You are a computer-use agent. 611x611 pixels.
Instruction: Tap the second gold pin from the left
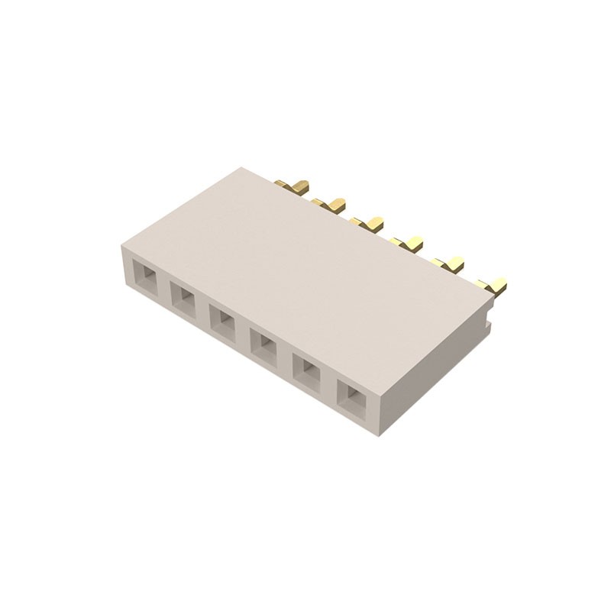[x=330, y=204]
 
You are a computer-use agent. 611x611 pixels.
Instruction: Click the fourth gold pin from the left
[x=408, y=244]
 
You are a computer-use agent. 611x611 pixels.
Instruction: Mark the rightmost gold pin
[x=493, y=286]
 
